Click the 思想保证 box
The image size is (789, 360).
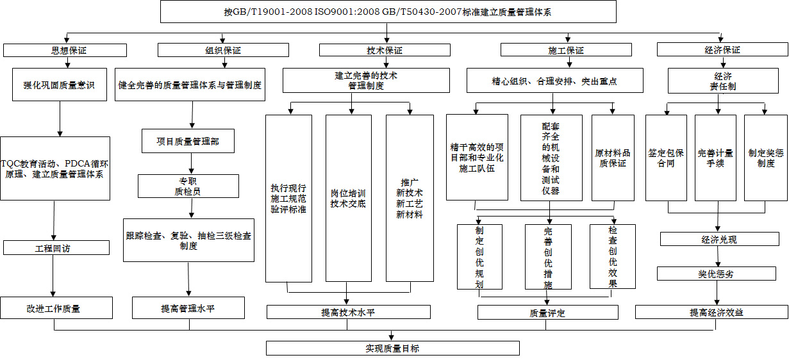click(65, 50)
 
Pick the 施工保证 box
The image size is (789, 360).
click(566, 50)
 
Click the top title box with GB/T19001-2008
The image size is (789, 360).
click(388, 12)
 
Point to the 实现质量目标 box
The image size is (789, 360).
click(392, 348)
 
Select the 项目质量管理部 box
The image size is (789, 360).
click(188, 141)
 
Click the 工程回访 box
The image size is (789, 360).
click(53, 248)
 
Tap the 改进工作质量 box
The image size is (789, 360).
click(56, 308)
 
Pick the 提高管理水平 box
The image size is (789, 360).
click(188, 308)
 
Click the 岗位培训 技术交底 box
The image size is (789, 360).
click(348, 198)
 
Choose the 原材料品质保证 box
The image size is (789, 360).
click(613, 158)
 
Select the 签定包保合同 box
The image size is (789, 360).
click(666, 158)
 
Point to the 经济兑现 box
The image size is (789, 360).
click(719, 240)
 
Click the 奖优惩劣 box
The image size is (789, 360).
click(716, 274)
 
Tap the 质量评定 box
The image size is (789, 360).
click(547, 313)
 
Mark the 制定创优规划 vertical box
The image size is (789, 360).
click(479, 256)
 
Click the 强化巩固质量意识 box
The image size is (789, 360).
click(59, 85)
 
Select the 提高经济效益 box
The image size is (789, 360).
click(711, 313)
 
